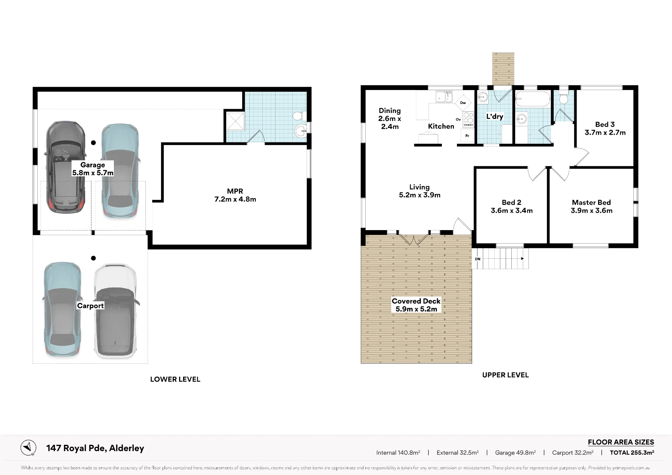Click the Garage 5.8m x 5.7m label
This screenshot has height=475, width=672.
click(x=93, y=169)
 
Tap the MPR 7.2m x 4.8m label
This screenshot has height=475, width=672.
click(x=235, y=195)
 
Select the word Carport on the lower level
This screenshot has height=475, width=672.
click(x=90, y=306)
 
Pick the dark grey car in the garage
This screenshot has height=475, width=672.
click(x=65, y=167)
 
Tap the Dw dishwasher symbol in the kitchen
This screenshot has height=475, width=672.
click(x=463, y=103)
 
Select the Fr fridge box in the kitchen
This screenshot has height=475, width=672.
click(x=467, y=136)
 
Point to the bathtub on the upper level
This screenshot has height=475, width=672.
click(x=533, y=99)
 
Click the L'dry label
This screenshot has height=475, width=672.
click(x=495, y=117)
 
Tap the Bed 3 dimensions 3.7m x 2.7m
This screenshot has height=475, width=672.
click(x=605, y=133)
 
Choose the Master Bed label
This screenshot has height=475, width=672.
click(x=591, y=203)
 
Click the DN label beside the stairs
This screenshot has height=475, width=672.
click(x=477, y=259)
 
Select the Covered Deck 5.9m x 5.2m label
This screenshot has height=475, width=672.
click(x=416, y=305)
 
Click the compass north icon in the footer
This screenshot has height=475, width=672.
click(x=28, y=448)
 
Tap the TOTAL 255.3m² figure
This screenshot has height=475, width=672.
click(x=632, y=452)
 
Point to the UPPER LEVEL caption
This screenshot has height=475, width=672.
click(x=505, y=375)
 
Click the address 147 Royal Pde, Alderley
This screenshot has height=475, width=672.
click(x=95, y=448)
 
